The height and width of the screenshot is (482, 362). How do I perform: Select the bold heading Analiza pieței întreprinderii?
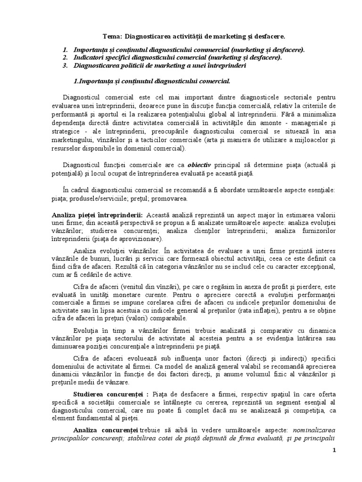[x=103, y=215]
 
